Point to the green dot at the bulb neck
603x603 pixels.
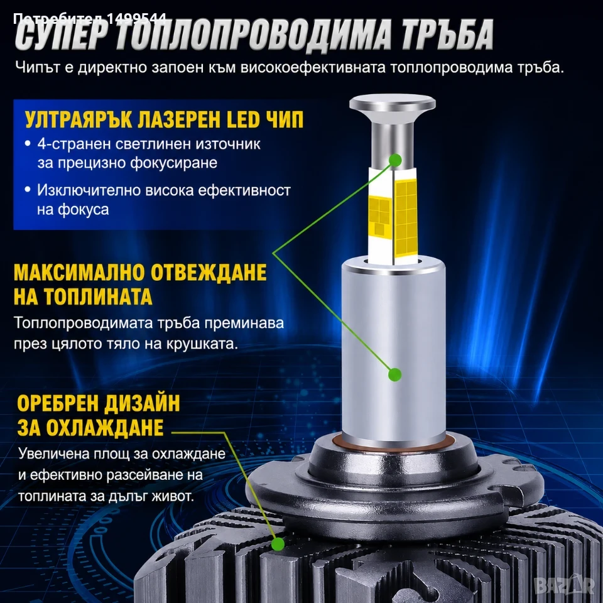pyautogui.click(x=395, y=160)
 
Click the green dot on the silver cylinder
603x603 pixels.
pyautogui.click(x=395, y=374)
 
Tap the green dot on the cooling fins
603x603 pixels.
pyautogui.click(x=278, y=544)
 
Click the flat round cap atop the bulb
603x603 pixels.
pyautogui.click(x=392, y=105)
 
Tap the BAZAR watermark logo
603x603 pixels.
pyautogui.click(x=565, y=585)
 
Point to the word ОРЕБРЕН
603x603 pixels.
pyautogui.click(x=56, y=404)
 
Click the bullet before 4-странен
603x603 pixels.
pyautogui.click(x=27, y=144)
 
